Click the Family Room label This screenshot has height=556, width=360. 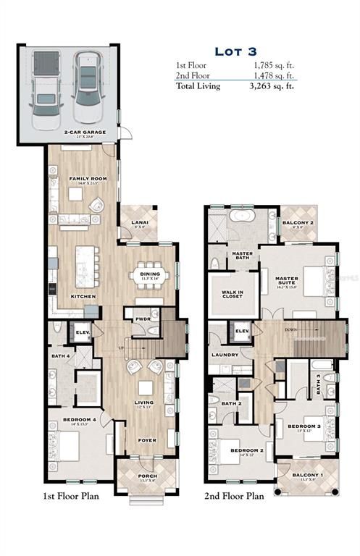84,178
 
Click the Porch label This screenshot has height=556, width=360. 147,476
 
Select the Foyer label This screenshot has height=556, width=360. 148,439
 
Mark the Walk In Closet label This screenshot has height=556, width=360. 233,294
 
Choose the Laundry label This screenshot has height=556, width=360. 225,355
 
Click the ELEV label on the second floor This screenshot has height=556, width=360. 243,331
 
